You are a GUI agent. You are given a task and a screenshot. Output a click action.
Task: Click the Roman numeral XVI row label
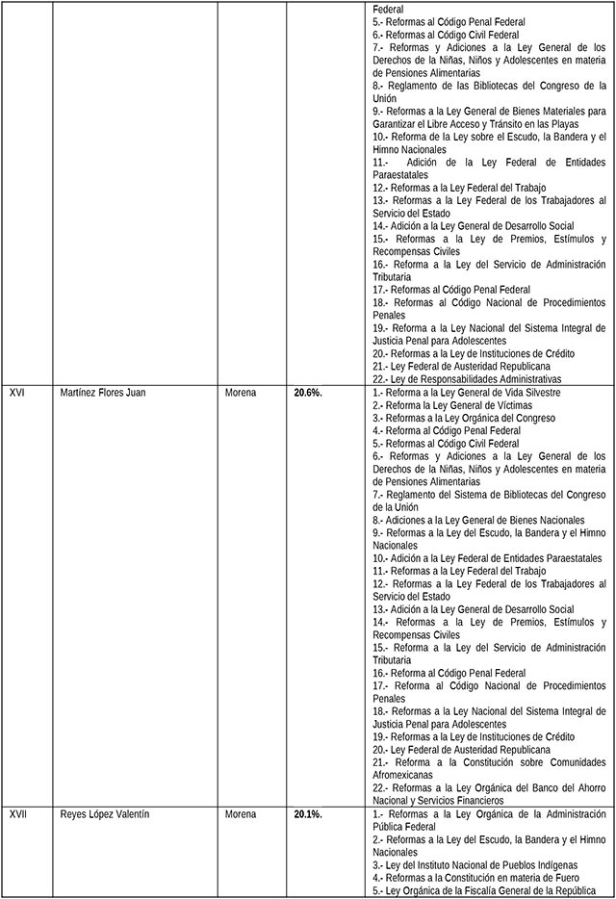16,393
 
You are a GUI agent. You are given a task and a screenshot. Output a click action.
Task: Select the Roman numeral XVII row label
17,814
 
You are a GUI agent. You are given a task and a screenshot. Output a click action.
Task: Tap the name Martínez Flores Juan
102,393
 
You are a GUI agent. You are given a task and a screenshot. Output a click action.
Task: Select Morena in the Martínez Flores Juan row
241,393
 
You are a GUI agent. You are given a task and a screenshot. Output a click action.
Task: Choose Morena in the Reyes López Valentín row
241,814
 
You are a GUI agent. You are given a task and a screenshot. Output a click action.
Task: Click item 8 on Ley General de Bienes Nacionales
464,520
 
